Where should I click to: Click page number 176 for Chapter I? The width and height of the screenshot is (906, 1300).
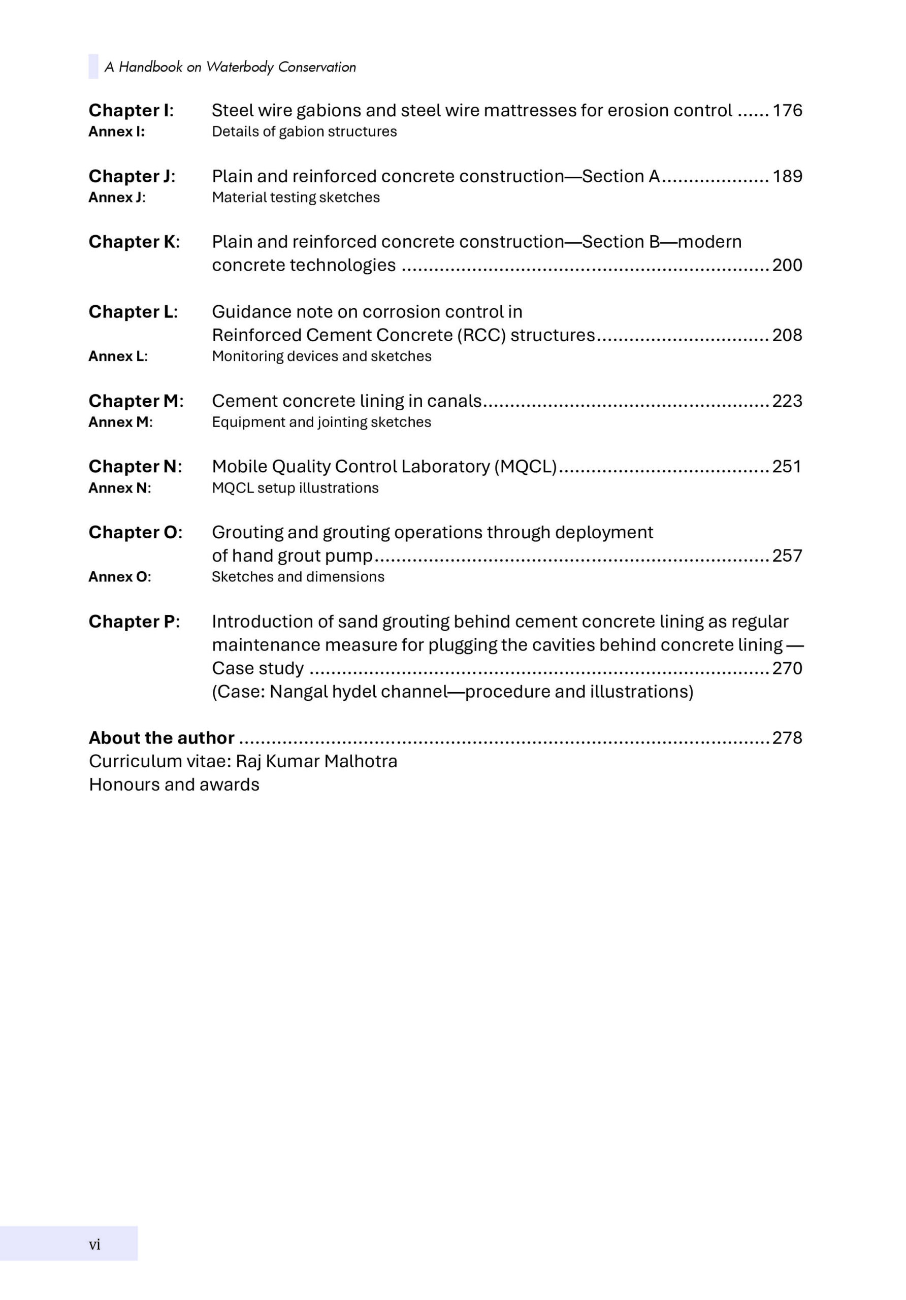(x=787, y=110)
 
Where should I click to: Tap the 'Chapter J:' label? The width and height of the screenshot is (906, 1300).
(x=132, y=176)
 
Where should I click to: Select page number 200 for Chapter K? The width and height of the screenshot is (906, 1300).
(x=787, y=265)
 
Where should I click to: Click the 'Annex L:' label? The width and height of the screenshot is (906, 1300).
(x=118, y=356)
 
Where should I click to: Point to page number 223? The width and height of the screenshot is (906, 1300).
(x=787, y=401)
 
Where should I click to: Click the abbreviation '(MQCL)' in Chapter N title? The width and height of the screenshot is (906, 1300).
(x=526, y=467)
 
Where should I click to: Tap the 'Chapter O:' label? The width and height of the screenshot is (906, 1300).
(x=135, y=532)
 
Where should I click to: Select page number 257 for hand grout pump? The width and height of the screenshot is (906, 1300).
(x=787, y=556)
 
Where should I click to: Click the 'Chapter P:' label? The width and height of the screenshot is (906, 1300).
(x=134, y=622)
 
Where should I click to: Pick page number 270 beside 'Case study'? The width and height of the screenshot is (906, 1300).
(x=787, y=668)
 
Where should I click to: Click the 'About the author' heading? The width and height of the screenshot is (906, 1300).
(x=161, y=738)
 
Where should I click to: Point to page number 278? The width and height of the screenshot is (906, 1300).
(x=787, y=738)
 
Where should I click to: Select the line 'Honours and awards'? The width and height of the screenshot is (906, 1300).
(x=174, y=785)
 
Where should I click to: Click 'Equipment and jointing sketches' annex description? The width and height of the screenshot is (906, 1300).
(x=321, y=422)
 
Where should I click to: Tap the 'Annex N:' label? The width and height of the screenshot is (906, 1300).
(x=119, y=488)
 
